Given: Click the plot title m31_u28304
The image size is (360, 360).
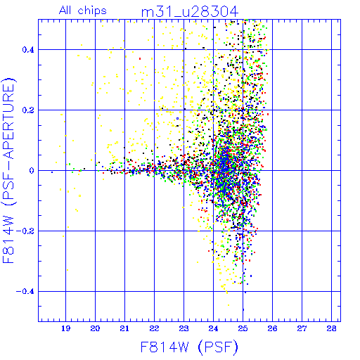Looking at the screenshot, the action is point(190,12).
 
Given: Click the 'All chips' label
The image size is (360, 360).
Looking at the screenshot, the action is point(83,11).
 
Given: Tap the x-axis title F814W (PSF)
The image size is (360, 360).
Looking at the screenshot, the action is point(189,347).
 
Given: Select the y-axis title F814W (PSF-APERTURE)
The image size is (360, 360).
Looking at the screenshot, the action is point(9,171).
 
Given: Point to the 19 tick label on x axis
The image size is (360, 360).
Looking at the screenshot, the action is point(65,328).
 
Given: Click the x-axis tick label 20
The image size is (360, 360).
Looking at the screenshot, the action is point(95,328).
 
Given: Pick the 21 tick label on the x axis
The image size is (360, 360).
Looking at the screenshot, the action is point(124,328).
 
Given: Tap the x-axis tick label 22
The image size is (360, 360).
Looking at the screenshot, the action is point(154,328).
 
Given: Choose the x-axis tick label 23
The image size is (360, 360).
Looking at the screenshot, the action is point(184,328).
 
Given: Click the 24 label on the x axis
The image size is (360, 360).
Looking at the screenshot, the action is point(213,328).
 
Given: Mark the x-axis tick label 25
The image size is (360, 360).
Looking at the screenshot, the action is point(243,328).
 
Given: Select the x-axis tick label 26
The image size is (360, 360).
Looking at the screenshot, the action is point(272,328).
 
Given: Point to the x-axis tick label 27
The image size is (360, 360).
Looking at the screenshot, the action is point(302,328).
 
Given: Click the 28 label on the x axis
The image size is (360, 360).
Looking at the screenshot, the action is point(331,328).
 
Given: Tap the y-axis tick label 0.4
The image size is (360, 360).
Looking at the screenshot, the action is point(28,50).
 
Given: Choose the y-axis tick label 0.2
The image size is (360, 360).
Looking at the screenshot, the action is point(28,110).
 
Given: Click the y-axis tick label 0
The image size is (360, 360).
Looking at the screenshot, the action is point(32,171).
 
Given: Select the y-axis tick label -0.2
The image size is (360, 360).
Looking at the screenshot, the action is point(25,231).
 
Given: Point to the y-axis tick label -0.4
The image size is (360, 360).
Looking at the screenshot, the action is point(25,292).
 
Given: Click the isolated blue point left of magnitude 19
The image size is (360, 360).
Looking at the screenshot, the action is point(52,172).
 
